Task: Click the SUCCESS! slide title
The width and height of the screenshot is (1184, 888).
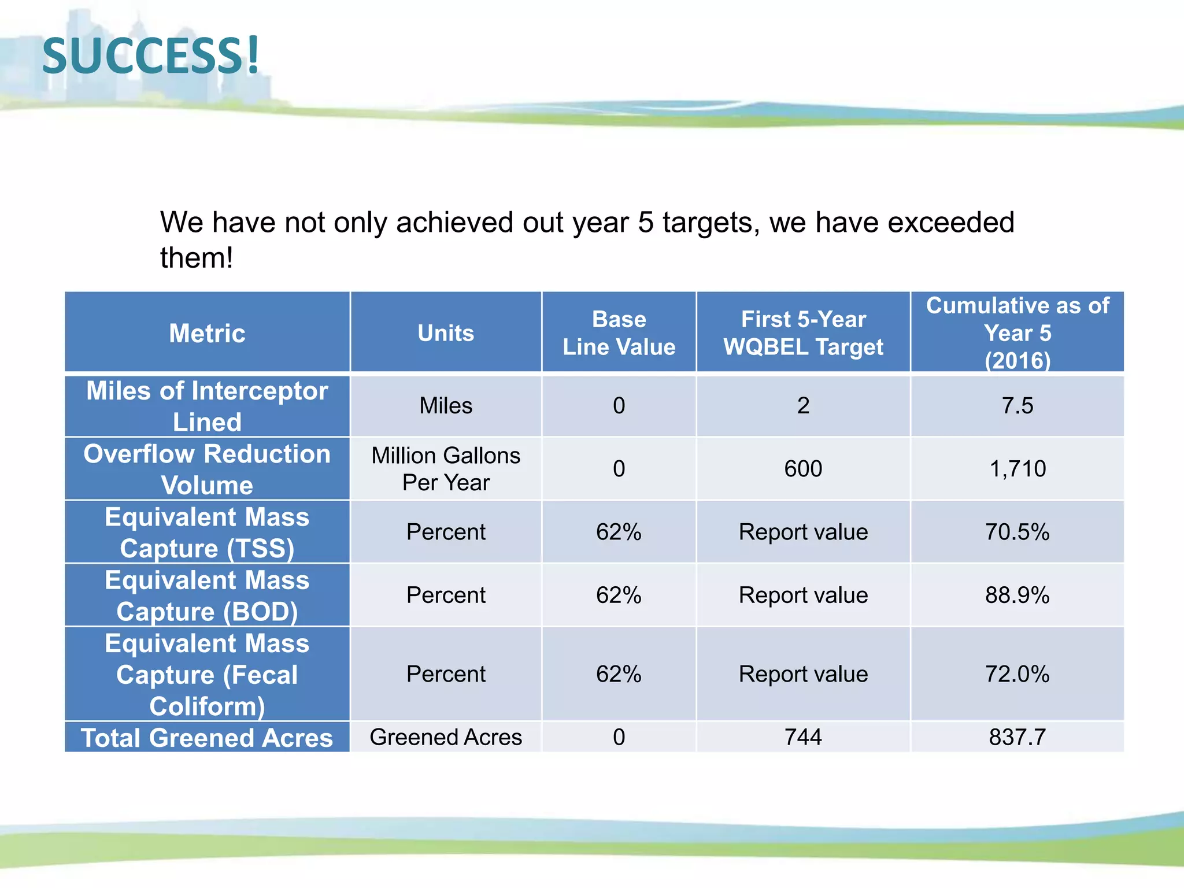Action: point(151,56)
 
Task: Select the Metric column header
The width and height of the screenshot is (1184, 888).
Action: point(207,333)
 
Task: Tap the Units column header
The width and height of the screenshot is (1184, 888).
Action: point(446,333)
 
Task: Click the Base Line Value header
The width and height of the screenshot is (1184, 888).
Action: point(619,333)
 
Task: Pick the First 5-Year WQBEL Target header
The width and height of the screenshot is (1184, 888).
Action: point(803,333)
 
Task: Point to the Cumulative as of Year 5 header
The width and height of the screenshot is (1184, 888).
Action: point(1017,333)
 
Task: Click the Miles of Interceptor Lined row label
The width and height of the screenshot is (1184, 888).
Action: point(207,406)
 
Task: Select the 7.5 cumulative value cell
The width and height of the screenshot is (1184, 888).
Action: point(1017,406)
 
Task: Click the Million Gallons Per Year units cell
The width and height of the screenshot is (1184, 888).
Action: point(446,469)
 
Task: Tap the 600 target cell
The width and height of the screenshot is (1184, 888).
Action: point(803,469)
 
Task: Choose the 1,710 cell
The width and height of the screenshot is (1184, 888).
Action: point(1017,469)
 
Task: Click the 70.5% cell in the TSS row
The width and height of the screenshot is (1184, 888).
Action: point(1017,532)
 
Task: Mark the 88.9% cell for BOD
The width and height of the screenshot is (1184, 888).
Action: point(1017,595)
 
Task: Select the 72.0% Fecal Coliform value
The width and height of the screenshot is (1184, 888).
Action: point(1017,674)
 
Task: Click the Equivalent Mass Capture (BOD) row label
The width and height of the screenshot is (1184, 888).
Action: point(207,595)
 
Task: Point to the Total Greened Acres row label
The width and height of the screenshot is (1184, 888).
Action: point(207,738)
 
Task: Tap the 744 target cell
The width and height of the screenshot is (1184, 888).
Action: point(803,737)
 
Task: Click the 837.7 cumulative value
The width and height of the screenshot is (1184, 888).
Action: point(1017,737)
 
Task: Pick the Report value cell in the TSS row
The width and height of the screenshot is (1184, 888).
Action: point(803,532)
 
